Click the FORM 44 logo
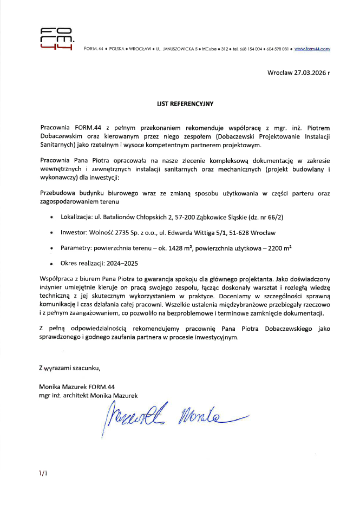click(57, 40)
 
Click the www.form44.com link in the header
click(312, 49)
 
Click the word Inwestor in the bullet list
click(76, 233)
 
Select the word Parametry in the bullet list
click(78, 248)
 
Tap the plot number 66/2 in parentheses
click(275, 218)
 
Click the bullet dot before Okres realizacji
click(51, 265)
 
